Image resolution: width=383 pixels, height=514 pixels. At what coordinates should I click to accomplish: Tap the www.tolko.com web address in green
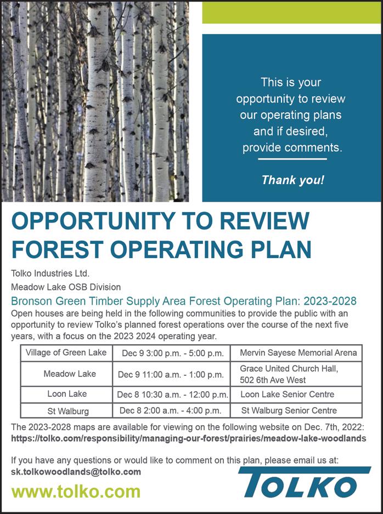click(x=76, y=491)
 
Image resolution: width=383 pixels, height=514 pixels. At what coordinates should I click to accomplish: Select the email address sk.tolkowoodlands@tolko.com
click(x=76, y=471)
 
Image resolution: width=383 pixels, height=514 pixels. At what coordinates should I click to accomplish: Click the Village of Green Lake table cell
click(x=66, y=352)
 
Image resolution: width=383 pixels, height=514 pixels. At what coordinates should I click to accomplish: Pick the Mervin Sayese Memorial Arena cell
click(x=298, y=352)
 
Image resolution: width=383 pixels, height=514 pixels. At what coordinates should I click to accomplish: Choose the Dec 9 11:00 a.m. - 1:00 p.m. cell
click(x=171, y=375)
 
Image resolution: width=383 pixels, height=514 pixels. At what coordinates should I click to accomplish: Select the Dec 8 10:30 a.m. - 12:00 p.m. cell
click(x=172, y=395)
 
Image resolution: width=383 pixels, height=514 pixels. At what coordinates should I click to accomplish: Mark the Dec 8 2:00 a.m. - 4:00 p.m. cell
click(x=171, y=410)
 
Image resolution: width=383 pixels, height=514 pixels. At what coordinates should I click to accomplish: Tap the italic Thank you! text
click(x=292, y=180)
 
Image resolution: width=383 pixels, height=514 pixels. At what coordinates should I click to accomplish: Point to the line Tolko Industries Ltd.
click(x=50, y=273)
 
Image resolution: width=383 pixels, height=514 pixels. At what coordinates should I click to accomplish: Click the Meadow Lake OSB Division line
click(x=66, y=287)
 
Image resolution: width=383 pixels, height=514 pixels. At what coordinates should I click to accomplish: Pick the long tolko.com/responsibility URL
click(x=188, y=439)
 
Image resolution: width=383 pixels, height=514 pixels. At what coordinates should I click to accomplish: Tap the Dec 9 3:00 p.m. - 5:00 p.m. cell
click(x=171, y=353)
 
